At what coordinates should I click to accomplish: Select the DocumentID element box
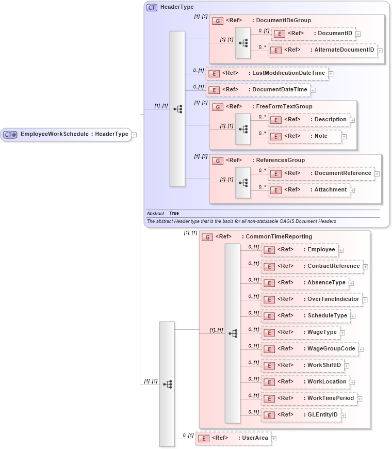(313, 34)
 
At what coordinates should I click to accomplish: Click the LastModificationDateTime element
(267, 73)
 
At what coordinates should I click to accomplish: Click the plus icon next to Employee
(341, 250)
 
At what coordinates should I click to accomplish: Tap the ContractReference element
(312, 266)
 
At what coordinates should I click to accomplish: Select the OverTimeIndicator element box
(312, 299)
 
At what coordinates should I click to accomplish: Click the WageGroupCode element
(309, 349)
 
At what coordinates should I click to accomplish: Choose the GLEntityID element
(301, 415)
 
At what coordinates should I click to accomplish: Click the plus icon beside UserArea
(274, 439)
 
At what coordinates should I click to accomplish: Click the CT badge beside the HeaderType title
(152, 8)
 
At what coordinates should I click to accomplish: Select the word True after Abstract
(174, 213)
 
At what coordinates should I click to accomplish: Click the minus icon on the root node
(134, 135)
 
